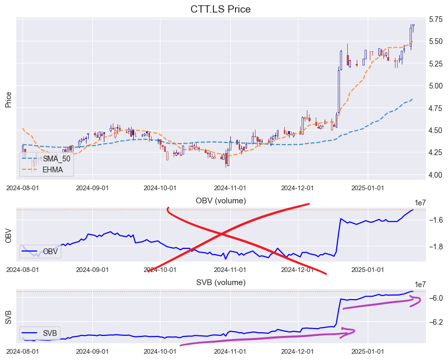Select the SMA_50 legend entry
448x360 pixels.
56,158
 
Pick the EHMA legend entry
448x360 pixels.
52,169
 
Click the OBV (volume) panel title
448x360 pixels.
220,201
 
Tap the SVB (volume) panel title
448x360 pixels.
220,282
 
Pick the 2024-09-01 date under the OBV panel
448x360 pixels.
92,269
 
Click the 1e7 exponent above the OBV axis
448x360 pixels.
420,203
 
